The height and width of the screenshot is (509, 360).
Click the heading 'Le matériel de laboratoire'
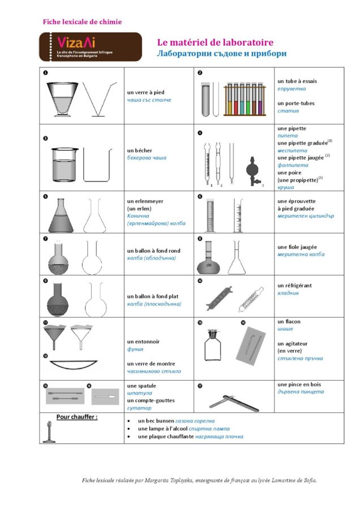215,42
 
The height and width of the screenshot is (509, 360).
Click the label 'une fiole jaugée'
297,247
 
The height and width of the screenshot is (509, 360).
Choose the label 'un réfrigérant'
294,286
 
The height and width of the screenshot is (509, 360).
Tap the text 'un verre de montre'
151,364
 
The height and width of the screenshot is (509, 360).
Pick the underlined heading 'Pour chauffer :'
76,417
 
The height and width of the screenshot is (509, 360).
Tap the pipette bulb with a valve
254,169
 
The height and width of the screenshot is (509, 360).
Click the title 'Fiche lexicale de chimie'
82,22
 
